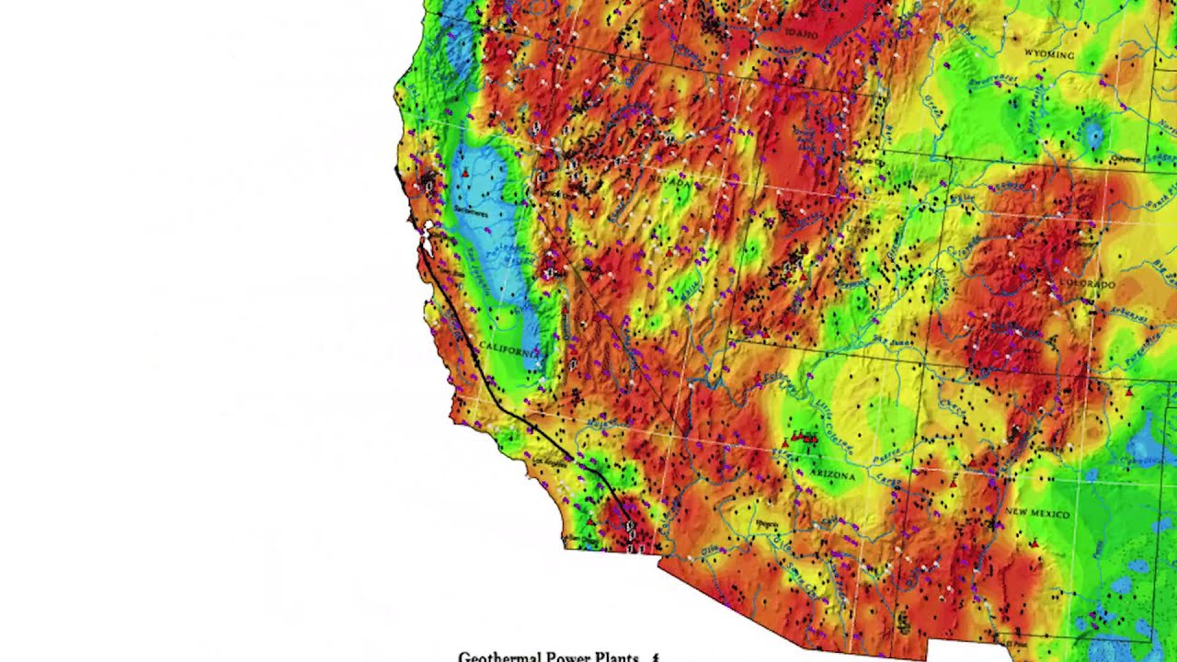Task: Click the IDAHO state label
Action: tap(801, 34)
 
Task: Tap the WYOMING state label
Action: tap(1049, 55)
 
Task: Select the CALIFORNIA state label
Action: tap(509, 349)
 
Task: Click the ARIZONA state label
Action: tap(832, 476)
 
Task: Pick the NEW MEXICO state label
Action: tap(1036, 512)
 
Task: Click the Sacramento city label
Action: tap(470, 212)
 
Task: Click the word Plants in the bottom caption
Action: tap(615, 656)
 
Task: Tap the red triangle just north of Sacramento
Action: tap(465, 172)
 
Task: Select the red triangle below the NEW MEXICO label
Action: tap(1035, 544)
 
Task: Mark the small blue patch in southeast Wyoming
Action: tap(1093, 136)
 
